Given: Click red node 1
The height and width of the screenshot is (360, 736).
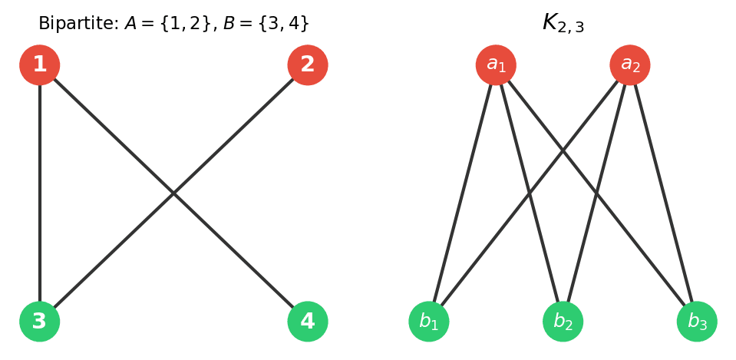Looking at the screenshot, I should [40, 65].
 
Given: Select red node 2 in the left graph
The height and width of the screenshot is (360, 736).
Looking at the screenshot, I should [308, 65].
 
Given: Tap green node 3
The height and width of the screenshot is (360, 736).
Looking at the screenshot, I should [40, 322].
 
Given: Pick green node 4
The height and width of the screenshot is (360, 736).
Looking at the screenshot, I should [308, 322].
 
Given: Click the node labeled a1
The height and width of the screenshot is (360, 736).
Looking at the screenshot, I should [496, 65].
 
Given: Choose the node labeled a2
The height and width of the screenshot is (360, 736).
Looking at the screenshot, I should [630, 65].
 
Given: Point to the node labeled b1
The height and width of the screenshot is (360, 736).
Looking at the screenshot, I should [429, 322].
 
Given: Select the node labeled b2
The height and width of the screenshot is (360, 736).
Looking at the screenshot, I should [563, 322].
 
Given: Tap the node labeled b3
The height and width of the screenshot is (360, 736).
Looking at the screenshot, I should [697, 322].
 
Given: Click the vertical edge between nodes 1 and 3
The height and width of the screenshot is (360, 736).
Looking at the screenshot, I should [40, 192].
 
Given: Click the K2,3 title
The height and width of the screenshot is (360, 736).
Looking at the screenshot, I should [563, 23].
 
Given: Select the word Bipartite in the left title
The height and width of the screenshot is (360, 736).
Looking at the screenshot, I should [78, 24].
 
